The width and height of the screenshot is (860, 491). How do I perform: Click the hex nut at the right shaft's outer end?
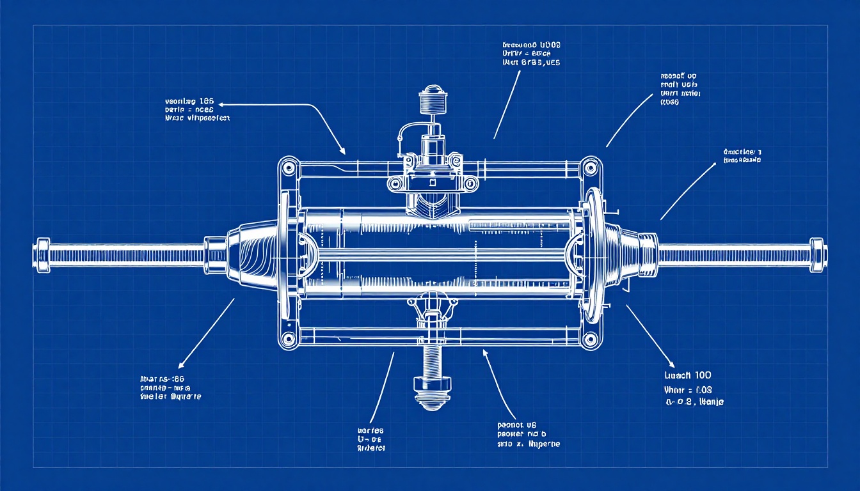click(817, 253)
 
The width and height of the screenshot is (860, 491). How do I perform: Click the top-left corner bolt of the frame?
click(288, 168)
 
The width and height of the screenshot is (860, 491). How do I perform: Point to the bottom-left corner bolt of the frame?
click(288, 338)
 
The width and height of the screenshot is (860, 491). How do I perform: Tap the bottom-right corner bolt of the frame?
click(590, 338)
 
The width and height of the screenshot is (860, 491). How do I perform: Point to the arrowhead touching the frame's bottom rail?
click(486, 351)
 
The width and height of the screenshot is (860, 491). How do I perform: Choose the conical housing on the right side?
click(624, 254)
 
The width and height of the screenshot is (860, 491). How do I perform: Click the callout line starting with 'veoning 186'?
click(189, 101)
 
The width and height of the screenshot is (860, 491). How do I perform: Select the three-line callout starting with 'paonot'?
click(528, 433)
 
